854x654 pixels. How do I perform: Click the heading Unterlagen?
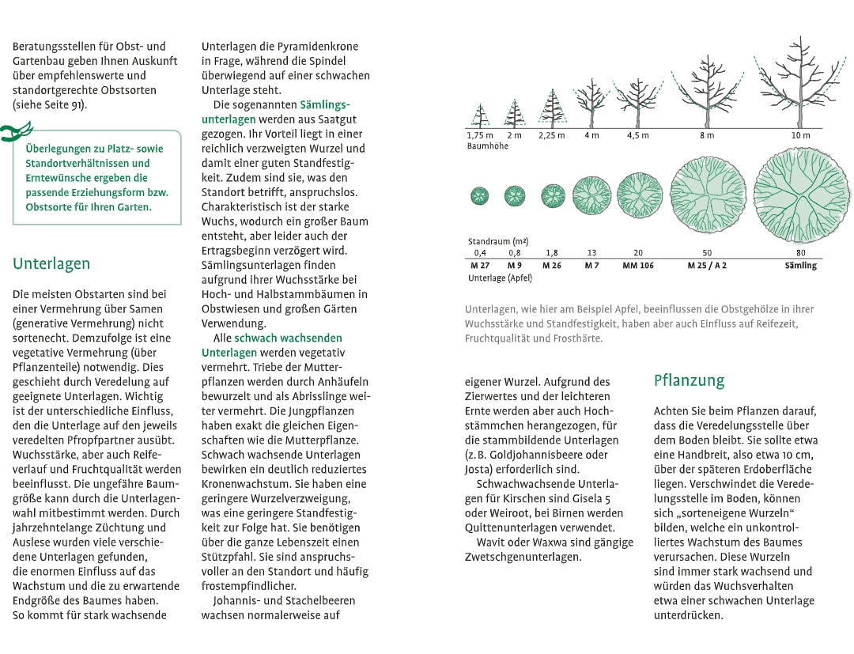51,264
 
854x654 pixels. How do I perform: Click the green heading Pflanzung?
689,380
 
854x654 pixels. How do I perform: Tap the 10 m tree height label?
800,135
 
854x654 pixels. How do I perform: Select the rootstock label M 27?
479,266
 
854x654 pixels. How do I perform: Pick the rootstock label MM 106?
638,266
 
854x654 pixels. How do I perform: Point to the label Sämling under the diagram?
800,266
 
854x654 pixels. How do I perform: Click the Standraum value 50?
707,253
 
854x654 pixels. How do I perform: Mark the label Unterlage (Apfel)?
500,278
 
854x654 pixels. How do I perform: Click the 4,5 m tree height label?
637,135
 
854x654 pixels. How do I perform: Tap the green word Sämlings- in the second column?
325,104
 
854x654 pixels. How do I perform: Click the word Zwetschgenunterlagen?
523,556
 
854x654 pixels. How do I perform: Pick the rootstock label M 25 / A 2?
707,266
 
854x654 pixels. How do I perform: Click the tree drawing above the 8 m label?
707,91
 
